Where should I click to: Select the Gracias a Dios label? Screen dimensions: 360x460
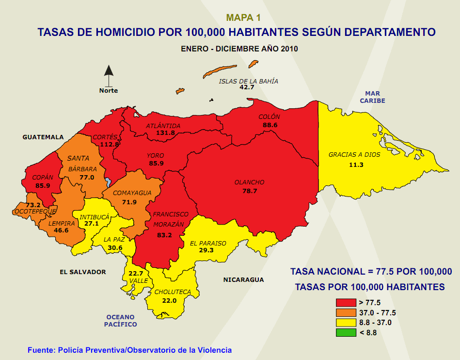pyautogui.click(x=354, y=155)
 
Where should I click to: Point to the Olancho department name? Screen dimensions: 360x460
pyautogui.click(x=249, y=182)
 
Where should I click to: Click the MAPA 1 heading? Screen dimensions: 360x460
pyautogui.click(x=243, y=18)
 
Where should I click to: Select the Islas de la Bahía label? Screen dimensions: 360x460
pyautogui.click(x=249, y=81)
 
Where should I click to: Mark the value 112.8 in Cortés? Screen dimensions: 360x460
pyautogui.click(x=109, y=144)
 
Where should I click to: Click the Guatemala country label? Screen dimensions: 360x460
pyautogui.click(x=43, y=137)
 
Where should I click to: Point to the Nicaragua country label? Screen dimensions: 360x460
pyautogui.click(x=243, y=279)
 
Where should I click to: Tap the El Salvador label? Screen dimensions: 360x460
pyautogui.click(x=82, y=272)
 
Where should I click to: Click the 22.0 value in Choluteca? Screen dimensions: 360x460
pyautogui.click(x=169, y=300)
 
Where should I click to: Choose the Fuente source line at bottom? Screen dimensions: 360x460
pyautogui.click(x=129, y=350)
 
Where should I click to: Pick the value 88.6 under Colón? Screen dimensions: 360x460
pyautogui.click(x=270, y=125)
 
